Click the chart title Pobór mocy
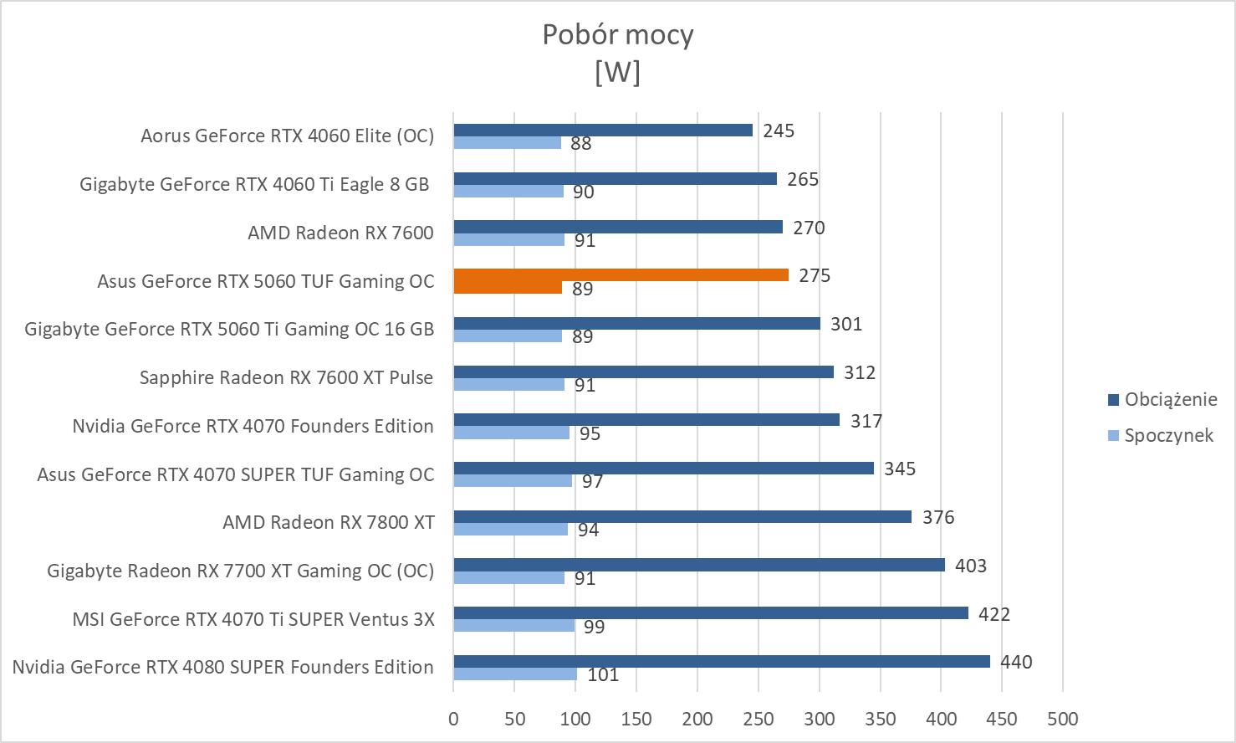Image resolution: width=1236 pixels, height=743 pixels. [x=617, y=35]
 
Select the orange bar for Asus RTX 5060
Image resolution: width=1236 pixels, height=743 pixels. [x=621, y=275]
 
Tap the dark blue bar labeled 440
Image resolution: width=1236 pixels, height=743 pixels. [x=721, y=662]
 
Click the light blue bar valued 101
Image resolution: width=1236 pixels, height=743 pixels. [x=515, y=674]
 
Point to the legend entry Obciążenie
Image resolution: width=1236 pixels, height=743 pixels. [x=1170, y=399]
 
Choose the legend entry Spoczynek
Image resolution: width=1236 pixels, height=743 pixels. [x=1167, y=435]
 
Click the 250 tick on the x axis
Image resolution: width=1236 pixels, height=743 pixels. [x=758, y=719]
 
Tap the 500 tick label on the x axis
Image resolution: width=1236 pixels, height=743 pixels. [x=1063, y=719]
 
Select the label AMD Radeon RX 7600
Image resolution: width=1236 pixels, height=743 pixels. [x=340, y=233]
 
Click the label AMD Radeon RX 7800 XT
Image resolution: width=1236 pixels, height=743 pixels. [x=328, y=523]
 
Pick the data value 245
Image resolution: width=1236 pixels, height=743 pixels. [x=779, y=131]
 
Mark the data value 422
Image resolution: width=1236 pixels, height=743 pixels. [x=994, y=614]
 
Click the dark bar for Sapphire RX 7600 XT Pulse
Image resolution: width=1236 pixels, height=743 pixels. [x=643, y=372]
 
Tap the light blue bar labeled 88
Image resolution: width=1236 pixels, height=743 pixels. [x=507, y=143]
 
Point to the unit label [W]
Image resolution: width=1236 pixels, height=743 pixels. [x=617, y=73]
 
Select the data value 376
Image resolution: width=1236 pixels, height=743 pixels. [x=938, y=517]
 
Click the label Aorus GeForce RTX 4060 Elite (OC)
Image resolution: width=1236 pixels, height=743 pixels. [x=287, y=136]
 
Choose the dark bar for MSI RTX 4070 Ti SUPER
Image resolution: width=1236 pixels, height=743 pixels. [x=710, y=613]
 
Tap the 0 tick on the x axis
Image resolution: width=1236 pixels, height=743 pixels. [x=453, y=719]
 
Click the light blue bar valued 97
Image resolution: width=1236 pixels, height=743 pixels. [x=513, y=481]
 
